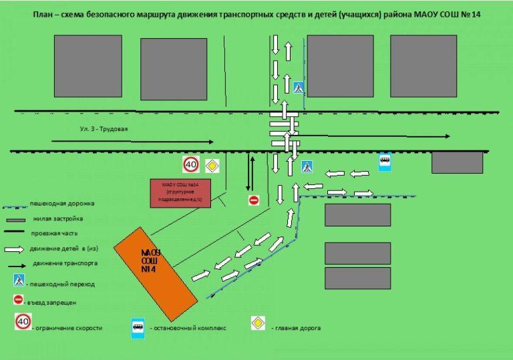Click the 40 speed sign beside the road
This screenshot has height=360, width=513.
click(191, 164)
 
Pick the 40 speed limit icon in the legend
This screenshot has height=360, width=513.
click(23, 322)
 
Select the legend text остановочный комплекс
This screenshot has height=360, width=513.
click(190, 328)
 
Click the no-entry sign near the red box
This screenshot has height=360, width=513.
click(253, 200)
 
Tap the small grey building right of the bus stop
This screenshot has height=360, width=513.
click(457, 162)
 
